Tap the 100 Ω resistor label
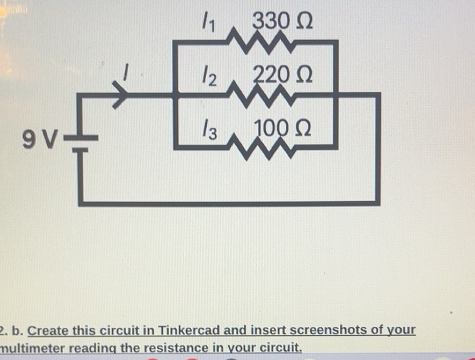pyautogui.click(x=282, y=128)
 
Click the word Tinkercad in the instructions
pyautogui.click(x=188, y=330)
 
